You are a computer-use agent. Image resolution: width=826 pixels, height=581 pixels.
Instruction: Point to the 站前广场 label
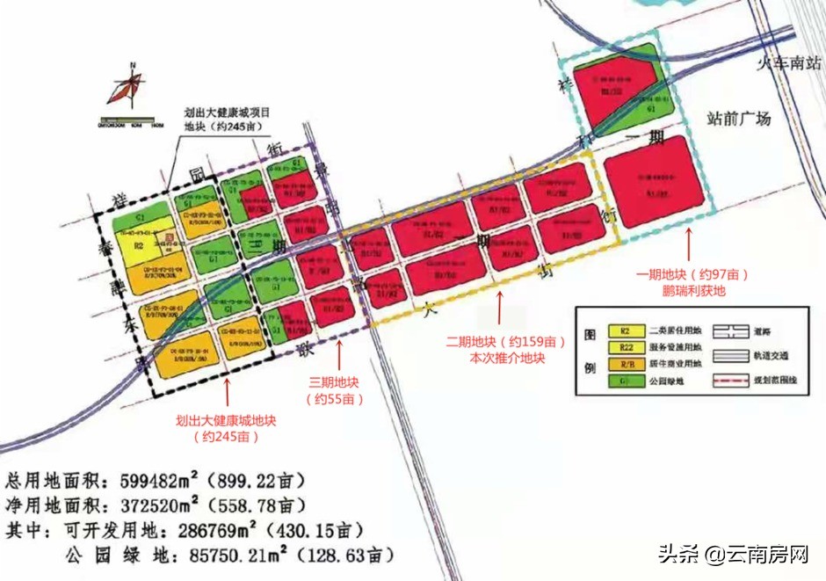coord(740,119)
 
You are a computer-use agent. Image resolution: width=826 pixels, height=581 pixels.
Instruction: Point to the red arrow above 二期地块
coord(501,309)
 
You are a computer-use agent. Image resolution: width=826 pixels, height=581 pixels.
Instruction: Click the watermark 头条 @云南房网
coord(733,555)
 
